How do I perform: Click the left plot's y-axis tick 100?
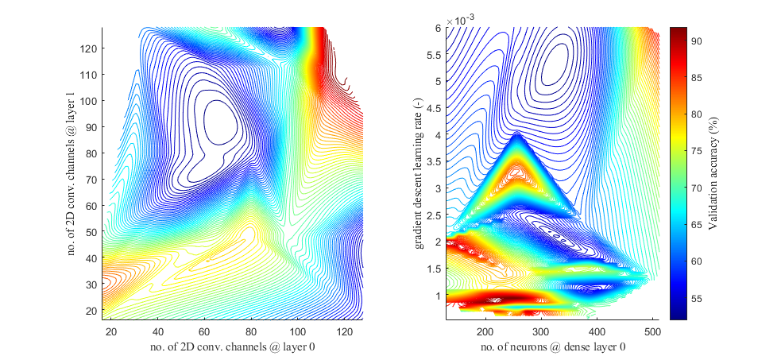[x=89, y=101]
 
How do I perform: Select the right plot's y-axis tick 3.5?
[x=433, y=161]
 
